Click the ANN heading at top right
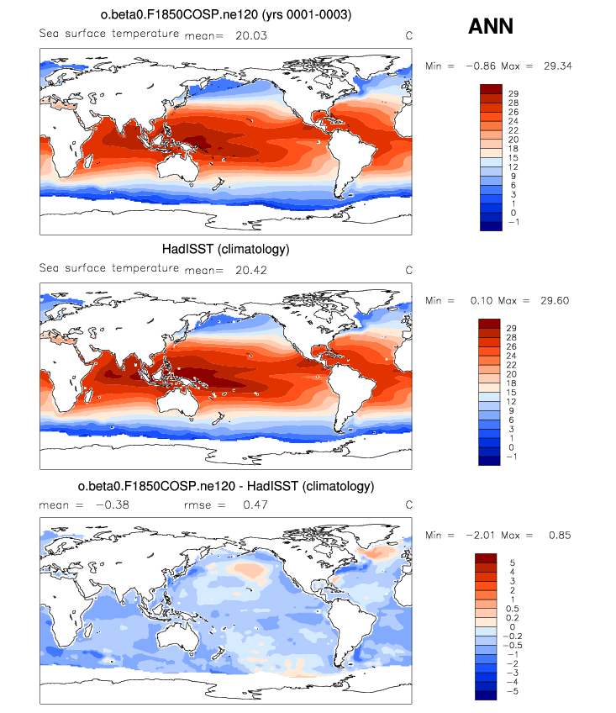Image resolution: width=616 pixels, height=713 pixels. pos(490,27)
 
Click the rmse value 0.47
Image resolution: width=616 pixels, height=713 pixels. pos(255,504)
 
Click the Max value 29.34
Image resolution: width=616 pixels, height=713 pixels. pos(555,66)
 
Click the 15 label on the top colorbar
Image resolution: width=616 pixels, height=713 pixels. pos(514,156)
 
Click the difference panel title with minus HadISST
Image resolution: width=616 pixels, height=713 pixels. pos(225,486)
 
